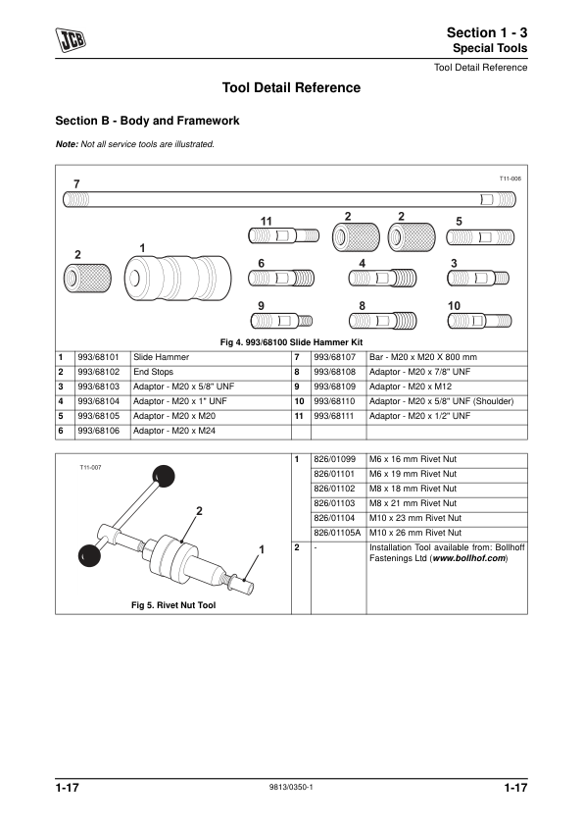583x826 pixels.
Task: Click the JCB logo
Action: pos(71,39)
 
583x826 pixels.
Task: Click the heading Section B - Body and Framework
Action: pos(147,121)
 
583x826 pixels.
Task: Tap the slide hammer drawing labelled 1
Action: pos(178,279)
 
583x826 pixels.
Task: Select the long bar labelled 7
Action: pos(289,200)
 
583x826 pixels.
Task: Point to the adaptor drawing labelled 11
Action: pos(283,234)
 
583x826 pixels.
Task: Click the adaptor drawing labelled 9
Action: pos(281,320)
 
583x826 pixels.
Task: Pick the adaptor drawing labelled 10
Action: pos(479,320)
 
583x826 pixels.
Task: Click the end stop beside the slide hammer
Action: pos(87,279)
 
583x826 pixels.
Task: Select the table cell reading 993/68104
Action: pos(98,401)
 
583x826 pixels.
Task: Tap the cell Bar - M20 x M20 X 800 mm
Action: pos(423,357)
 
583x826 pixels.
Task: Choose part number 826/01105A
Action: pos(337,533)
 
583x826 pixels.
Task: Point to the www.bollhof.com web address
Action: pos(468,558)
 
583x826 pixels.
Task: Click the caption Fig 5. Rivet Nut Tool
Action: pos(173,605)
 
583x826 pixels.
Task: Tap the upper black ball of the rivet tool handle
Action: pos(164,476)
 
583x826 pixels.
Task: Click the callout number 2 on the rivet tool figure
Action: pos(200,511)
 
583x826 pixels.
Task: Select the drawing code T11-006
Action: pos(510,179)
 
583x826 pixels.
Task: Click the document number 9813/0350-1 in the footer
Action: pos(291,787)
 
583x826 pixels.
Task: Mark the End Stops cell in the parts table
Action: pos(153,372)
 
